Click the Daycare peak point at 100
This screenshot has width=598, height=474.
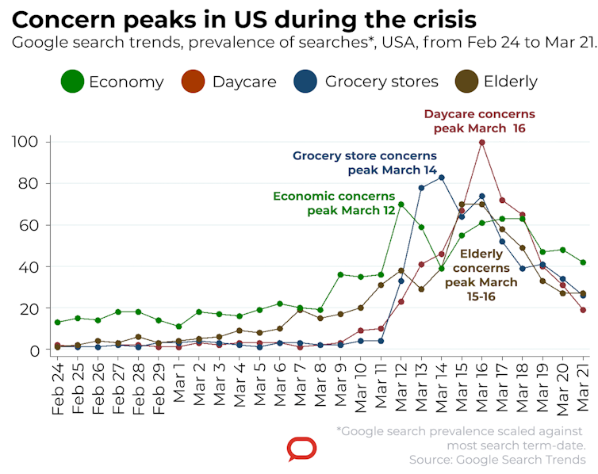point(481,143)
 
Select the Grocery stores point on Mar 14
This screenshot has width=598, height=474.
point(441,178)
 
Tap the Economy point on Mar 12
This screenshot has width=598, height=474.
point(401,205)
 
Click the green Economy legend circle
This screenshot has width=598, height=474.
point(72,82)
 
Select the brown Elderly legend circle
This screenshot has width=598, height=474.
point(466,82)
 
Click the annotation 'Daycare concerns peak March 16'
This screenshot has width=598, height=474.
point(479,120)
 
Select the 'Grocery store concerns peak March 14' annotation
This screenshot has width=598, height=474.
point(365,162)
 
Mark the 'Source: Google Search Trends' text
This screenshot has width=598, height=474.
point(497,459)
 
